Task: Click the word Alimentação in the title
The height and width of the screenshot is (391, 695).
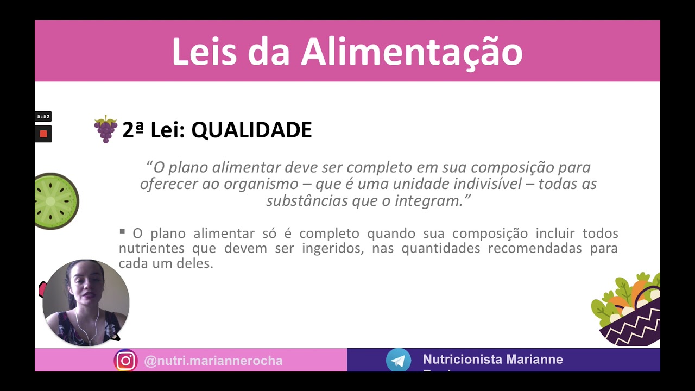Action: click(x=412, y=53)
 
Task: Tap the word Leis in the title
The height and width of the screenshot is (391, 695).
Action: click(x=204, y=53)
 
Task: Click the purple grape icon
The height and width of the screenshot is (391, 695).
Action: click(x=105, y=129)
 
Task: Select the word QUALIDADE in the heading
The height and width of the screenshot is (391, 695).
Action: click(x=251, y=130)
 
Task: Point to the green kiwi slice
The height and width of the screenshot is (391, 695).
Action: click(x=54, y=201)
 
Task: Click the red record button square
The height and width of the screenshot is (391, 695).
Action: click(x=43, y=134)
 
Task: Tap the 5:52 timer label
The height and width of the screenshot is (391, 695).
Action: click(x=43, y=117)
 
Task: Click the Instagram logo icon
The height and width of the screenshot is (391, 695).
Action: click(x=125, y=361)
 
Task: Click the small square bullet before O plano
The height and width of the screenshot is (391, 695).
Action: click(x=122, y=232)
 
